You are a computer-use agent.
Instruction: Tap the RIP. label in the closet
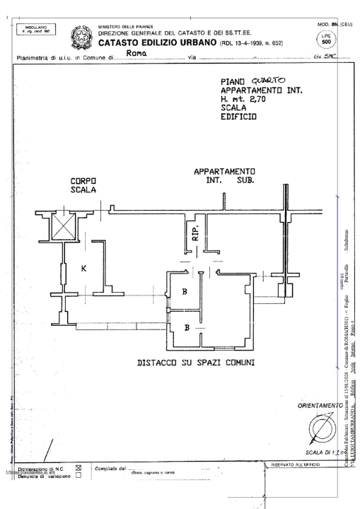pyautogui.click(x=197, y=233)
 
